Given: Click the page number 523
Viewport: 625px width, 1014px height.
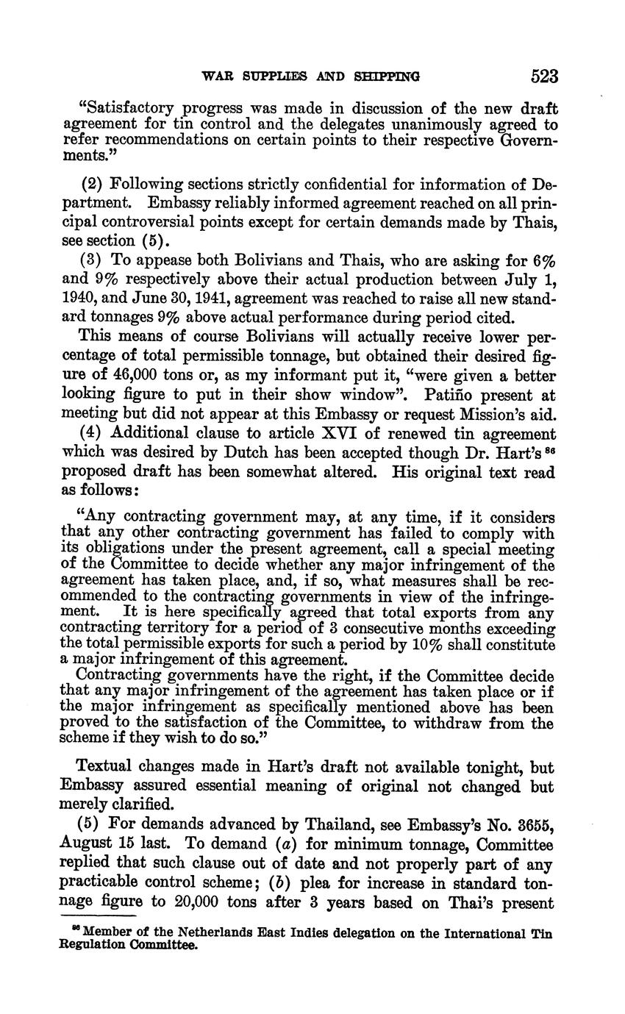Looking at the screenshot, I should [x=543, y=76].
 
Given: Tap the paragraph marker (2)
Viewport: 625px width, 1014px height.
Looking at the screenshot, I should [x=90, y=185].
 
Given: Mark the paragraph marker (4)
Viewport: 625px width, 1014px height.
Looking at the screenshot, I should [x=90, y=435].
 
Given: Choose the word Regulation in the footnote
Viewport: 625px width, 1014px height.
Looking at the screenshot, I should [x=89, y=946].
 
